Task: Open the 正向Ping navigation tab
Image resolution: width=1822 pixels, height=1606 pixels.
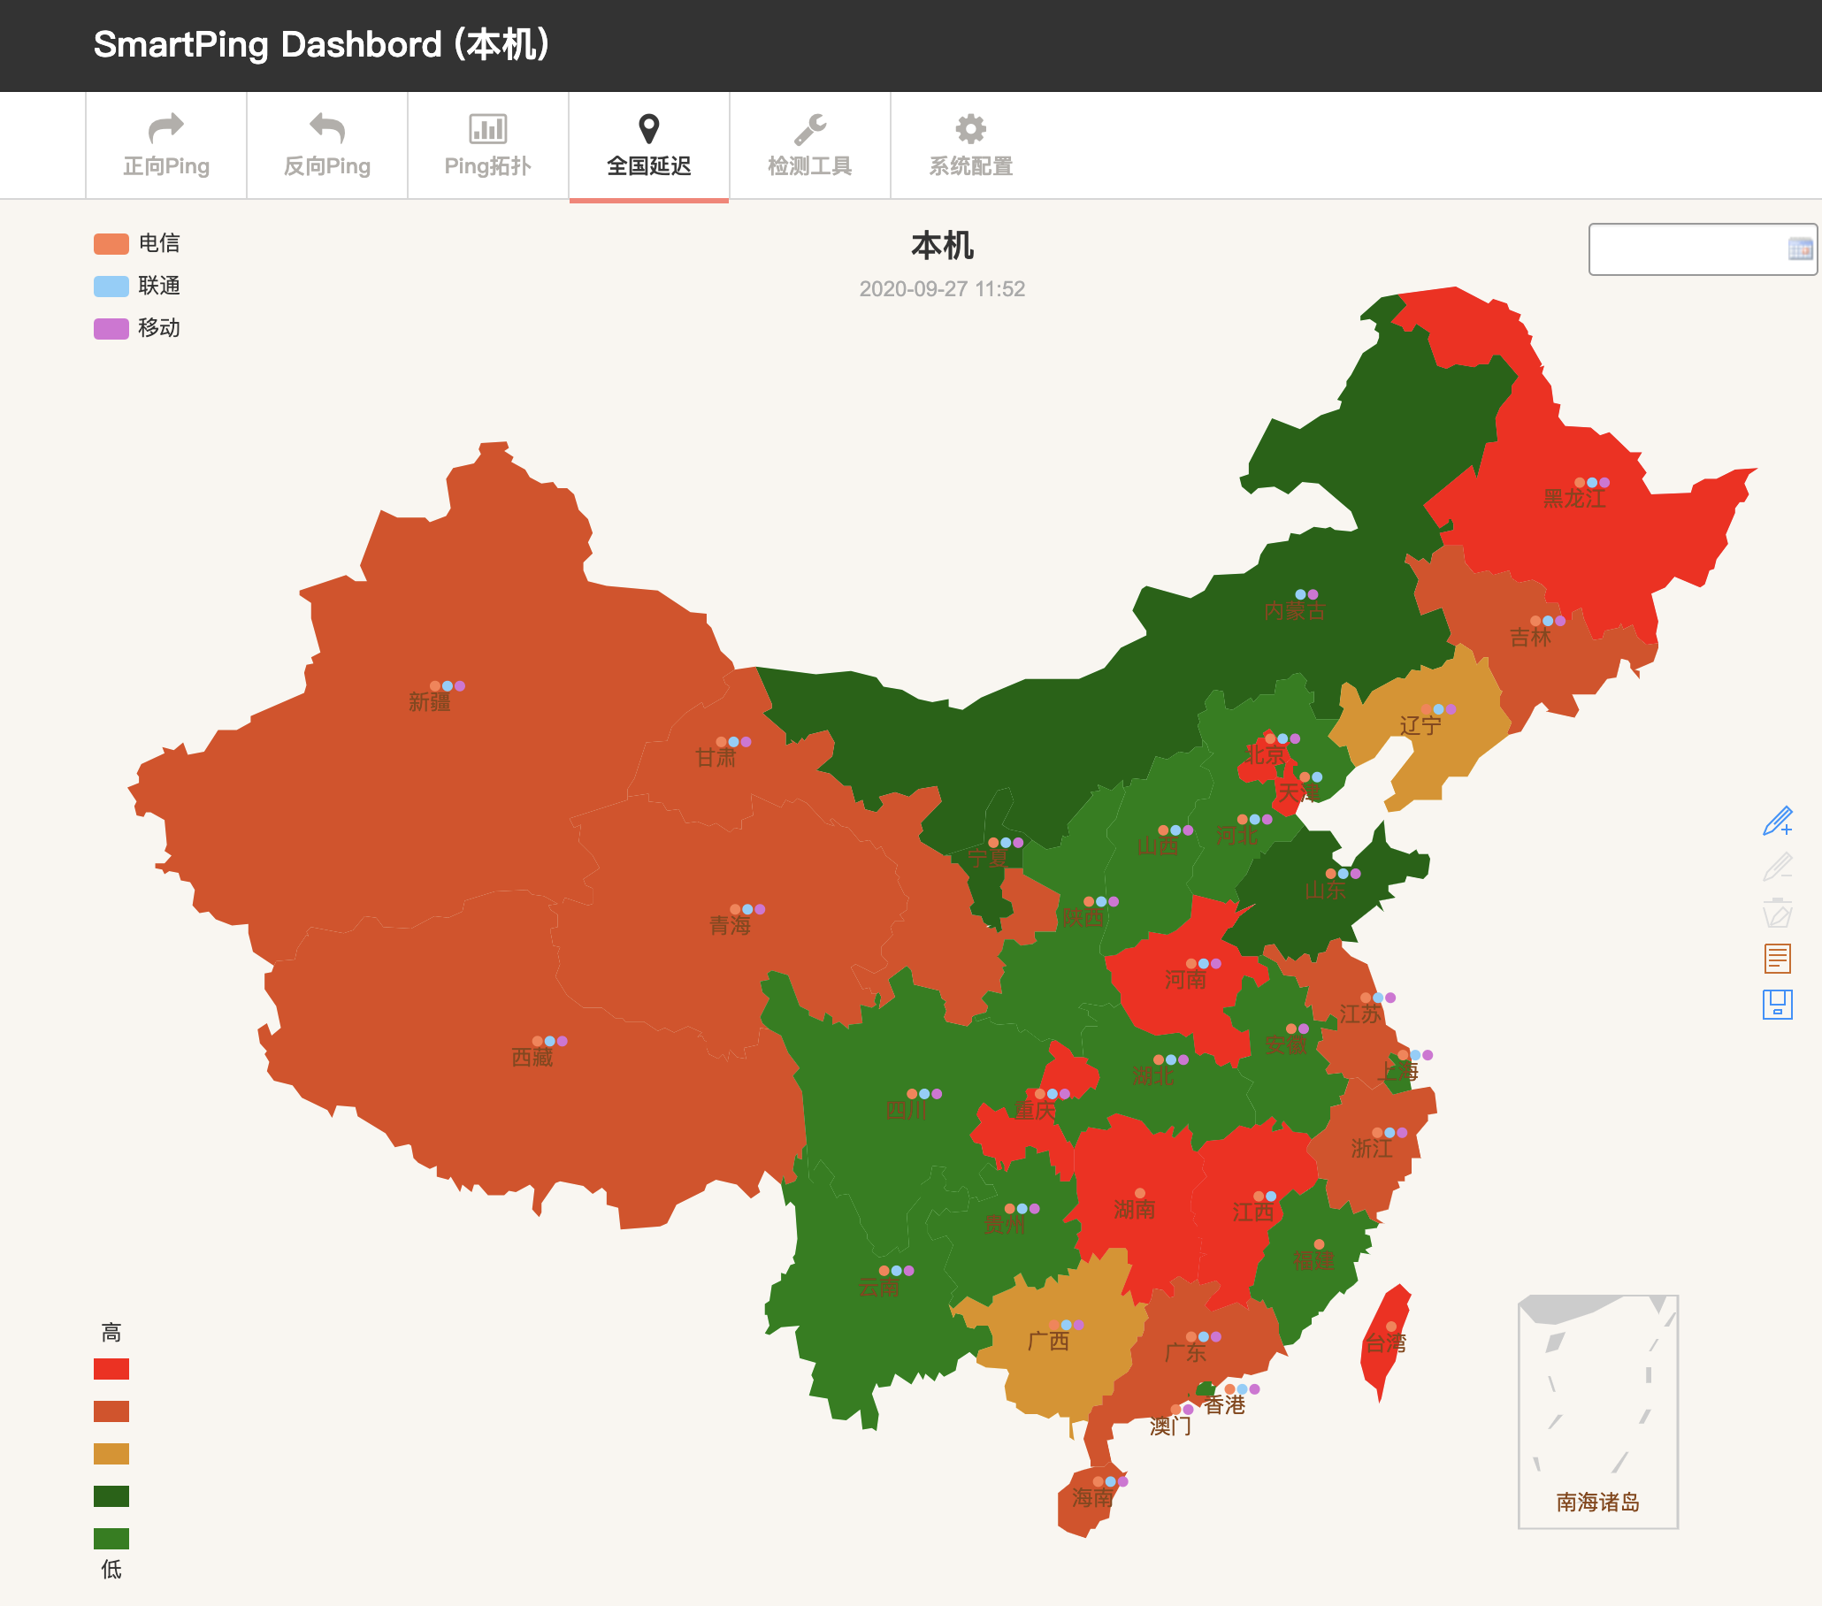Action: pyautogui.click(x=165, y=145)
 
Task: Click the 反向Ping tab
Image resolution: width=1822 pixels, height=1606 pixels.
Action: pyautogui.click(x=326, y=145)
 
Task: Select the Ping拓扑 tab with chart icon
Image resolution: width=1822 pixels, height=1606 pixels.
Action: pyautogui.click(x=487, y=145)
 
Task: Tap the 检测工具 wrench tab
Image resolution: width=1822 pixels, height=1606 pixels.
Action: pyautogui.click(x=809, y=145)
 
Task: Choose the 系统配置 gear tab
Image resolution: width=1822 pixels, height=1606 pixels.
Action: pyautogui.click(x=970, y=145)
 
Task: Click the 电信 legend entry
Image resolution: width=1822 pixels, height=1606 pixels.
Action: pyautogui.click(x=137, y=243)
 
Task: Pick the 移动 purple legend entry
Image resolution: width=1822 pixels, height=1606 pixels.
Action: pyautogui.click(x=137, y=328)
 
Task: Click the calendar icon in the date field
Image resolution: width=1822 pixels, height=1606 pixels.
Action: pyautogui.click(x=1799, y=249)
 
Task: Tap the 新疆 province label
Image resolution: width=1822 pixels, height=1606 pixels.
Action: pyautogui.click(x=429, y=702)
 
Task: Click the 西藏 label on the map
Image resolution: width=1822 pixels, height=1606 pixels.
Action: pyautogui.click(x=532, y=1057)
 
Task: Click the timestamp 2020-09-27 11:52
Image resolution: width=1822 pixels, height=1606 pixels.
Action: pyautogui.click(x=941, y=289)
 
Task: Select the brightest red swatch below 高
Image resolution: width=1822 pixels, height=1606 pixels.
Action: pyautogui.click(x=111, y=1368)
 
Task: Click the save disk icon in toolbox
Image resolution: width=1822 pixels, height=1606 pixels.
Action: pyautogui.click(x=1777, y=1005)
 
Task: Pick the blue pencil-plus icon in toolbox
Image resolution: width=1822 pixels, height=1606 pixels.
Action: pyautogui.click(x=1777, y=821)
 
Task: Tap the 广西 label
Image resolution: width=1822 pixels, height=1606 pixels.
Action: pyautogui.click(x=1047, y=1341)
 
